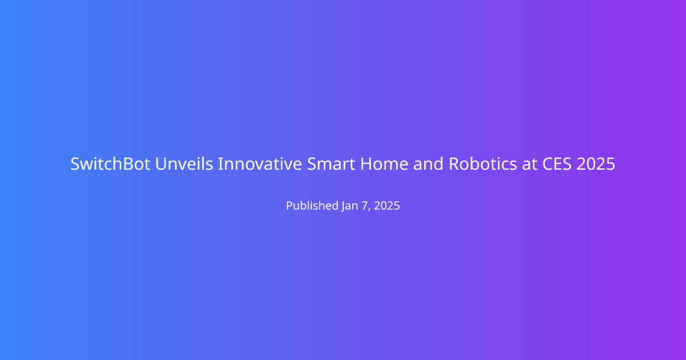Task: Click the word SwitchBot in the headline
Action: click(110, 164)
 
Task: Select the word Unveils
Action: click(184, 164)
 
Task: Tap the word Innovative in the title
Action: click(260, 164)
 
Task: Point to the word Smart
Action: click(331, 164)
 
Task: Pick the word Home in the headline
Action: click(384, 164)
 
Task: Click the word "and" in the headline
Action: click(428, 164)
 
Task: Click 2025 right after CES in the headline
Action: click(596, 164)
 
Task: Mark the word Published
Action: click(312, 205)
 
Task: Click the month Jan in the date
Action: click(350, 206)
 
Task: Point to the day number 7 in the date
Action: click(365, 206)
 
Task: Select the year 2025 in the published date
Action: click(387, 206)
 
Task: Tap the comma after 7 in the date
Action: click(369, 210)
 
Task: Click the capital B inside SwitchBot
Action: click(127, 164)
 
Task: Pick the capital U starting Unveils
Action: click(161, 164)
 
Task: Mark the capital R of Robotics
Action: click(454, 164)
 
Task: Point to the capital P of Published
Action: click(290, 205)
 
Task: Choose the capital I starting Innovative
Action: click(220, 164)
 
